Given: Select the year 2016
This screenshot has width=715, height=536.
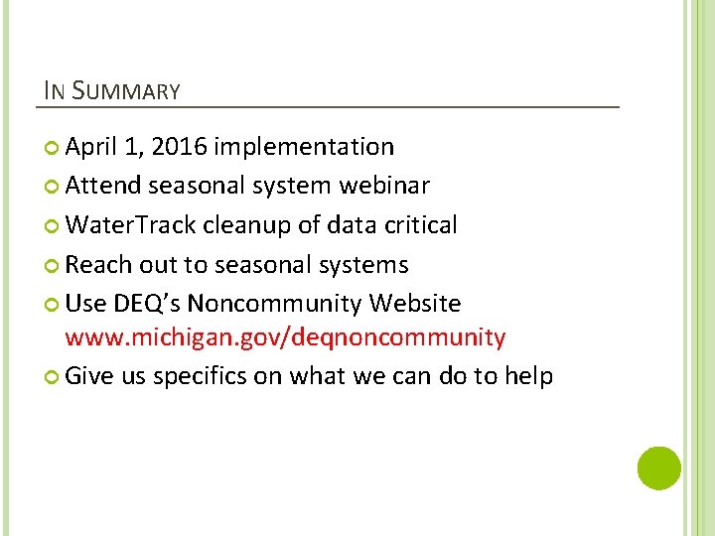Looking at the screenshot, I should (x=182, y=147).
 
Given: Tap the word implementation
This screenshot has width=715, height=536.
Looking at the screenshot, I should (x=304, y=148).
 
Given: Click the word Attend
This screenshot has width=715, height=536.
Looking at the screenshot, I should (x=104, y=186).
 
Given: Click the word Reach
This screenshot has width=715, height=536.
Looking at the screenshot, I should (x=96, y=265).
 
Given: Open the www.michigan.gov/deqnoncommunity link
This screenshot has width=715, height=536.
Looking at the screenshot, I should (x=285, y=338).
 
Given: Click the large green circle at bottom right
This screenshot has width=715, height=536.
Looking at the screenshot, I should (x=658, y=468).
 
